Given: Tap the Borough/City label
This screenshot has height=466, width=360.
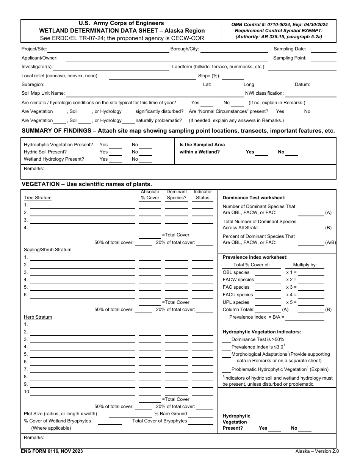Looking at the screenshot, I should pos(185,49).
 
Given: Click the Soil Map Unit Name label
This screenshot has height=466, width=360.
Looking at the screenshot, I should pos(43,93).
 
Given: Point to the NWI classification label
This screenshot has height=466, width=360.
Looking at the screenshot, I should pos(264,93).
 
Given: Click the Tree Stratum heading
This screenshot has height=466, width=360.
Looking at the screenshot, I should pos(38,198).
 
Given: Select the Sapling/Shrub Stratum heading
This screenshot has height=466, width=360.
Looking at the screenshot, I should pos(48,250).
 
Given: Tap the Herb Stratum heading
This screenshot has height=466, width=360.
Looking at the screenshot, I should pos(38,317).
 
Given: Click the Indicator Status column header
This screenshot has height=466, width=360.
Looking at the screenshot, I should pos(203,195).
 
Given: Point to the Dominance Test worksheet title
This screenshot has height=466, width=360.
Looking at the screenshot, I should pos(254,198).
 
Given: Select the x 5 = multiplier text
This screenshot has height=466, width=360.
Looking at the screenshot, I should pos(291,302).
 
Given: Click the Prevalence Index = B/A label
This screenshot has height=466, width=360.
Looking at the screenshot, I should pos(257,317).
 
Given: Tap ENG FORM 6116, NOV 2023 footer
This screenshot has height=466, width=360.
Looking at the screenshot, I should pos(52,451).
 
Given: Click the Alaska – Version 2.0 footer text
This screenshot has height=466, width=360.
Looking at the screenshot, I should pos(317,451).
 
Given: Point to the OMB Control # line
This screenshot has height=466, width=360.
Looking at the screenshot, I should pos(280,24).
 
